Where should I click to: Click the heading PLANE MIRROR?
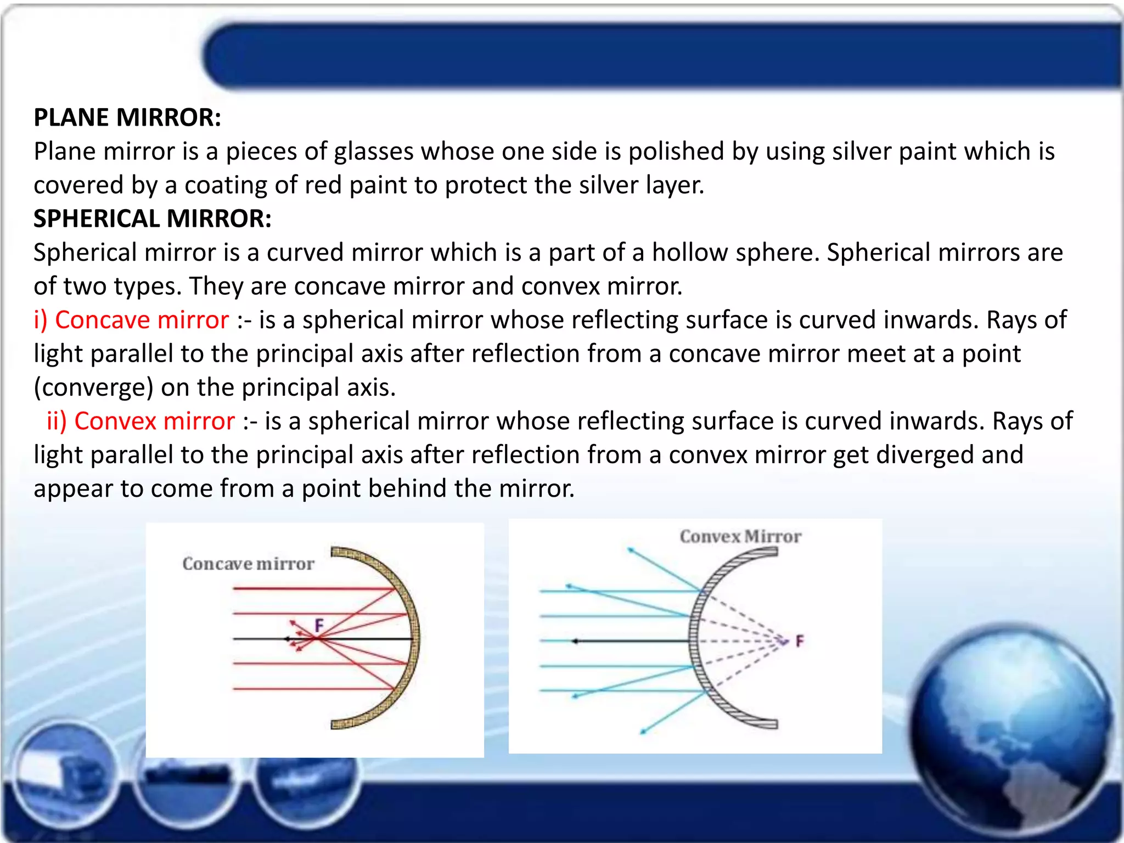click(x=127, y=117)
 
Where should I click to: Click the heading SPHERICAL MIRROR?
click(x=153, y=218)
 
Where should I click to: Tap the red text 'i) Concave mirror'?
click(x=131, y=320)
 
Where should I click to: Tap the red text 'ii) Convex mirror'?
click(x=140, y=421)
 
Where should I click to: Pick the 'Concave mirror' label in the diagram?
click(x=248, y=564)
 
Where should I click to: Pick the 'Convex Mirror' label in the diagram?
click(x=740, y=536)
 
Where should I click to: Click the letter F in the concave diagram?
click(x=319, y=625)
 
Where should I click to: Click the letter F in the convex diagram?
click(x=800, y=640)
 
